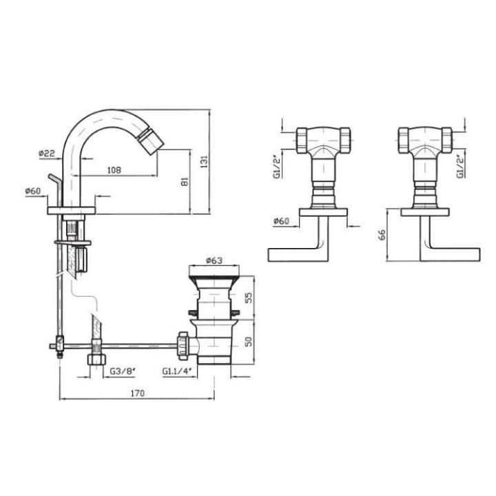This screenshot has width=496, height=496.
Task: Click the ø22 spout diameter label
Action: (47, 154)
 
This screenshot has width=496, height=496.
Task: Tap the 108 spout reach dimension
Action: (114, 170)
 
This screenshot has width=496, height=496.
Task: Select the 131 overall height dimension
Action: (205, 161)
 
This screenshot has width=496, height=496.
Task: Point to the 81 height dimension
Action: (185, 182)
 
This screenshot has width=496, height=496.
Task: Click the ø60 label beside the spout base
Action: (33, 191)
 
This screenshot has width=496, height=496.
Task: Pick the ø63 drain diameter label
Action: (214, 260)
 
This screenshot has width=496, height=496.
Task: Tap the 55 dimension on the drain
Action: (249, 298)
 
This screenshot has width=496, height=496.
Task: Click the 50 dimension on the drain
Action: (249, 341)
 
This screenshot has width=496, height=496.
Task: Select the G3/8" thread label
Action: (123, 371)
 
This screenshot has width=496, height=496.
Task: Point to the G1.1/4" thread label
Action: (177, 371)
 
